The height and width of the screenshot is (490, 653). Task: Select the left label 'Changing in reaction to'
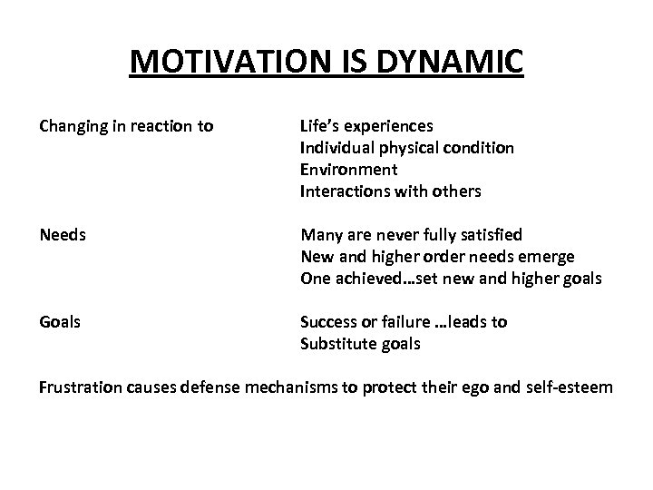[126, 125]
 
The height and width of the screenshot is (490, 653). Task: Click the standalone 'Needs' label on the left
[62, 235]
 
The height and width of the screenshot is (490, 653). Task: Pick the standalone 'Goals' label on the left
[60, 322]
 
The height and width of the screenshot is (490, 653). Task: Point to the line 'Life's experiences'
[366, 125]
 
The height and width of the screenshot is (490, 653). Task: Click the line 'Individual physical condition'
[407, 147]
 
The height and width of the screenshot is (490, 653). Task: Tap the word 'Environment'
[348, 169]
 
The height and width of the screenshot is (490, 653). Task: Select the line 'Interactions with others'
[391, 191]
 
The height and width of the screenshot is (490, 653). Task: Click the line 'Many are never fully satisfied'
[412, 235]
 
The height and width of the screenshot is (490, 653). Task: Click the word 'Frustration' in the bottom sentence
[86, 388]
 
